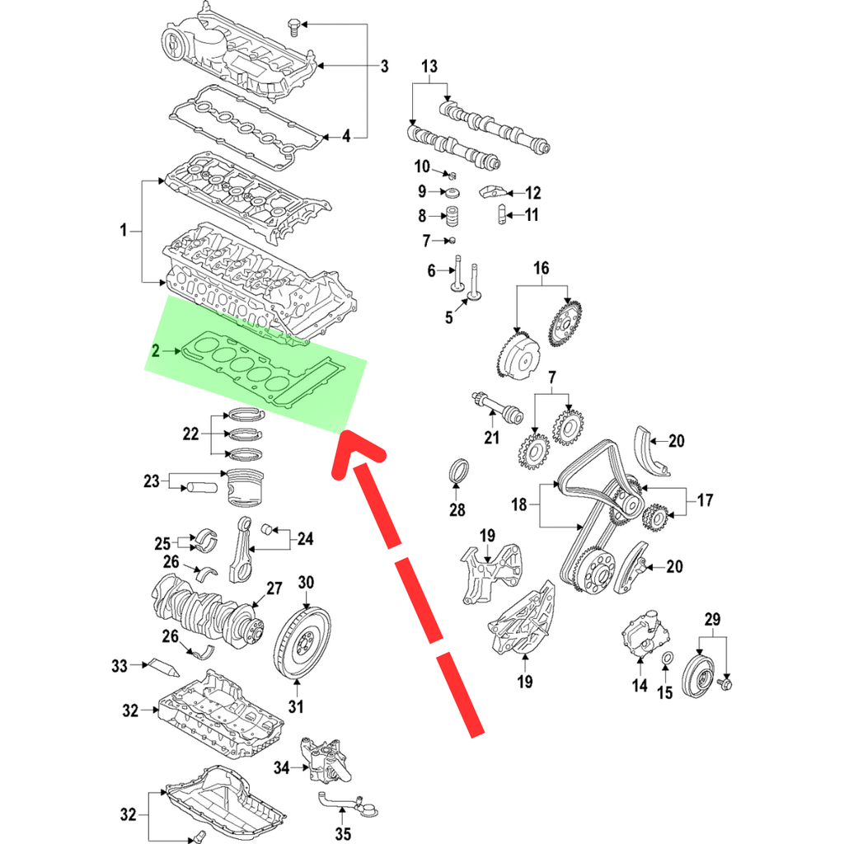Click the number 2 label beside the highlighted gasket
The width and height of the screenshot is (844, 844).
click(x=155, y=352)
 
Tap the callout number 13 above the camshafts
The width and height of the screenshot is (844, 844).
click(x=430, y=68)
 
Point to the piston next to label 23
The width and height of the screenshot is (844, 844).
click(x=245, y=487)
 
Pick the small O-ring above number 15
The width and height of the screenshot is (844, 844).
click(x=666, y=658)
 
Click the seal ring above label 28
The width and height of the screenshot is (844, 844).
click(x=459, y=476)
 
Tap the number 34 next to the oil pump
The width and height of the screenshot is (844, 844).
click(x=282, y=767)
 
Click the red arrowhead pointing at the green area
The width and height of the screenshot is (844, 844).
click(x=359, y=451)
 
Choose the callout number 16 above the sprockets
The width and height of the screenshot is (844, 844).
click(x=541, y=268)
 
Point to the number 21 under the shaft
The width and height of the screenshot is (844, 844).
click(x=492, y=438)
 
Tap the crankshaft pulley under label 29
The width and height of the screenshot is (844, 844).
click(x=701, y=677)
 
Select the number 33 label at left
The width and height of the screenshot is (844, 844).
click(x=120, y=665)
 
